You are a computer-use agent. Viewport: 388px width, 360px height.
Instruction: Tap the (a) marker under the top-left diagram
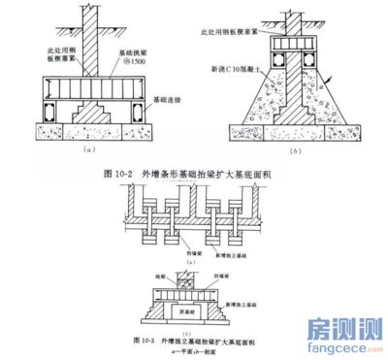pos(91,152)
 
